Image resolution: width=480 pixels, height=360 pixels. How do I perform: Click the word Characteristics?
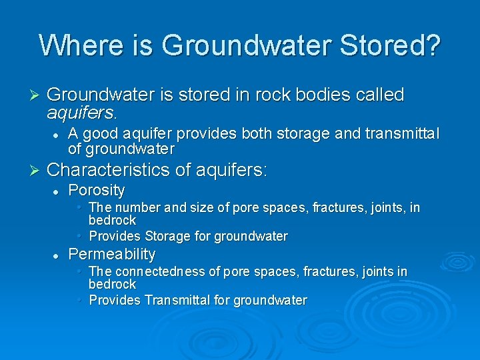pos(110,170)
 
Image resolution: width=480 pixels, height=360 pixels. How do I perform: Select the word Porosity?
pos(97,191)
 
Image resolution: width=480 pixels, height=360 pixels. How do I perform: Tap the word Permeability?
pos(112,254)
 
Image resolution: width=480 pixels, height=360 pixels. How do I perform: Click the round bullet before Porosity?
pos(57,191)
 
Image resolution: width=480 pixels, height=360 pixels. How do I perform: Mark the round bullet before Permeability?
pos(57,255)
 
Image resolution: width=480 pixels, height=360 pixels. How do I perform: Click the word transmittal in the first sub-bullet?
pos(402,135)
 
